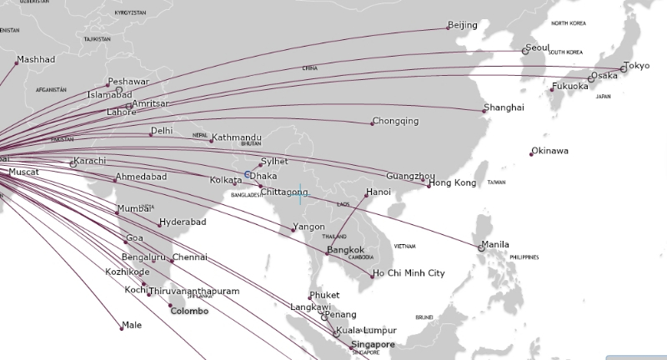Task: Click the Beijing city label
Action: [463, 25]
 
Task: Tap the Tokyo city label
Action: [636, 65]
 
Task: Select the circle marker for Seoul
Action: [525, 51]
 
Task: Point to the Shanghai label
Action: [504, 107]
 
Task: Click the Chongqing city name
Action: [395, 121]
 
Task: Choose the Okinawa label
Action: [550, 151]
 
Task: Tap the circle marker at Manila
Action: [481, 247]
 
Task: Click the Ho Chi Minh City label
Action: [409, 273]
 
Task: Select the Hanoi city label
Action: [379, 193]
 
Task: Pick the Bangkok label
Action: [345, 250]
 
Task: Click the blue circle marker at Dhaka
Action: [248, 175]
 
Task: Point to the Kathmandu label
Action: [237, 137]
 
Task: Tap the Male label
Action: [132, 325]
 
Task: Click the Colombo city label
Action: [188, 311]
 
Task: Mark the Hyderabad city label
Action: [183, 222]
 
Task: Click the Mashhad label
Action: [35, 60]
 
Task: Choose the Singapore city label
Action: [372, 344]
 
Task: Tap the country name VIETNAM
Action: [404, 247]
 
